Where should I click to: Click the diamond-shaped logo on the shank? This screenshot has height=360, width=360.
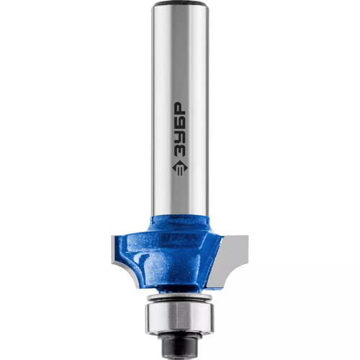click(180, 168)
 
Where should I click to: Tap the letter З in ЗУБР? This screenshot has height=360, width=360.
click(180, 149)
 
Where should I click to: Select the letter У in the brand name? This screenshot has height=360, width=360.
click(180, 135)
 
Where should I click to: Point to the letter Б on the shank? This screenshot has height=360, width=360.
click(180, 122)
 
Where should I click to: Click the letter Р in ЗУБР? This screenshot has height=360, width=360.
click(180, 109)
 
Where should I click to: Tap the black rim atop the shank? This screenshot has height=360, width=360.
click(180, 4)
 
